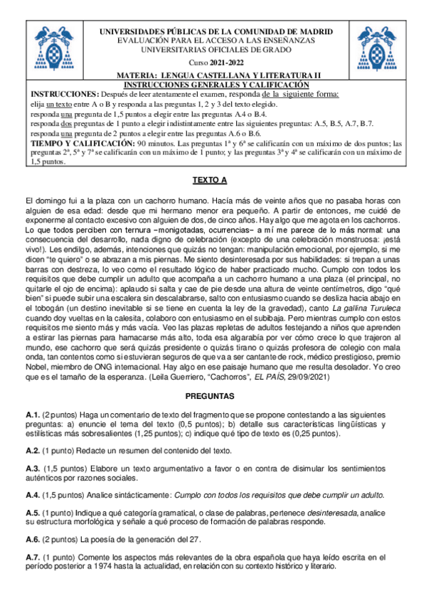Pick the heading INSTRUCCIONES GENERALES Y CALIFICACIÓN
pyautogui.click(x=213, y=83)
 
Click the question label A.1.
pyautogui.click(x=32, y=414)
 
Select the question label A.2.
pyautogui.click(x=32, y=452)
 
